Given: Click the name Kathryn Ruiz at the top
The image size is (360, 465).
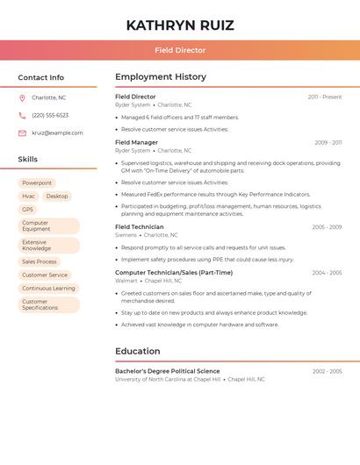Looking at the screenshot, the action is (180, 25).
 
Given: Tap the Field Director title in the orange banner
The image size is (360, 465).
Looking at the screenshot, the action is (180, 50).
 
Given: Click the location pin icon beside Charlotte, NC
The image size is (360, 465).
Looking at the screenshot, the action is (22, 97).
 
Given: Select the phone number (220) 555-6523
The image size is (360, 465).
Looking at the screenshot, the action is (50, 115).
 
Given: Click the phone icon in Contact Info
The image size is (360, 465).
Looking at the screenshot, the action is (22, 115).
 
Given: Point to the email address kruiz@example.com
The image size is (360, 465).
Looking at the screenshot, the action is (57, 132).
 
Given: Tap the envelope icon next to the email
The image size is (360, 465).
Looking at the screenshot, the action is (22, 132).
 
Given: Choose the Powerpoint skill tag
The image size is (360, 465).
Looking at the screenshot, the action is (37, 182).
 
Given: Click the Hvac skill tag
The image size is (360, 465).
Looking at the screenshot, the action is (29, 196).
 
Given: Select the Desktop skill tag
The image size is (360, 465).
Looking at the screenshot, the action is (57, 196).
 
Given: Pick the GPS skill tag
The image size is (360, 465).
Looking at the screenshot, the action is (28, 209).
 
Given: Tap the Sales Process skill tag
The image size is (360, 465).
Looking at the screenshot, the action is (40, 261).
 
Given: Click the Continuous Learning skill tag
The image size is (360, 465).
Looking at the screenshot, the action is (48, 288).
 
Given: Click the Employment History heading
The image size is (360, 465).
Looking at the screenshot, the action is (161, 76).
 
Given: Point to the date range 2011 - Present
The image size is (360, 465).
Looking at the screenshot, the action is (325, 97).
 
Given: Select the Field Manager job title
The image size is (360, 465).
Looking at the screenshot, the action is (137, 142).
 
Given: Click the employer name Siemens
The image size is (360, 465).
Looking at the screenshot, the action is (126, 235).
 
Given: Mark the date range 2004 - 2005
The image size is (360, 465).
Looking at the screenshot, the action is (327, 273).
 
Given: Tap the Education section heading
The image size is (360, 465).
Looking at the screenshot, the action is (138, 351).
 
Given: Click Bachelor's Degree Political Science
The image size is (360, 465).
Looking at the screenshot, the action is (168, 371).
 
